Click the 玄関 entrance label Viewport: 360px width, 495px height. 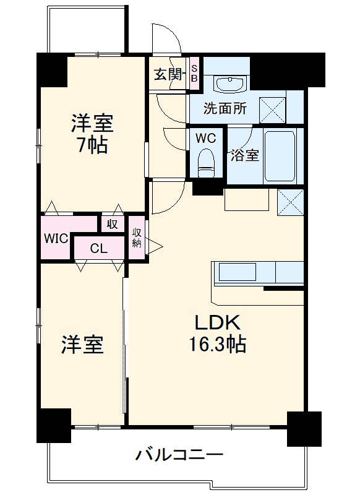point(167,75)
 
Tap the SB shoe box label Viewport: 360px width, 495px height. point(194,74)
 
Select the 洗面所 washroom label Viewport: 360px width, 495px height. point(226,108)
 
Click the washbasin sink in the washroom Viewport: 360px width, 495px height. point(231,82)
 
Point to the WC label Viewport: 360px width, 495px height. point(205,138)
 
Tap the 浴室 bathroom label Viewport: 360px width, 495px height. point(244,155)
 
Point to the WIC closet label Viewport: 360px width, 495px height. point(56,238)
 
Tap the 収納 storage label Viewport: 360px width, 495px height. point(137,238)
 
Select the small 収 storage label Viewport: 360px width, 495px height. point(112,224)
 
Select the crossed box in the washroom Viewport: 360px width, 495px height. point(273,108)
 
